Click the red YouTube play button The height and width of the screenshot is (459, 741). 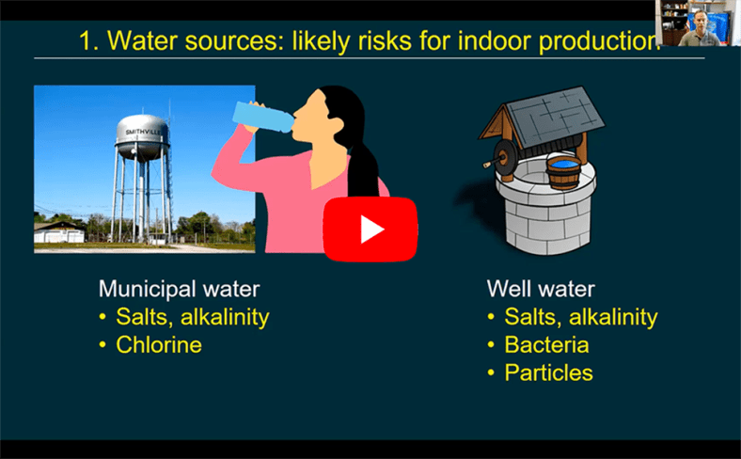pyautogui.click(x=370, y=229)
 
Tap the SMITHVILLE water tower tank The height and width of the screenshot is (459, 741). pyautogui.click(x=142, y=137)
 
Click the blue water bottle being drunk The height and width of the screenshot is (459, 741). pyautogui.click(x=263, y=117)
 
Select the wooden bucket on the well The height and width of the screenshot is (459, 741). pyautogui.click(x=564, y=172)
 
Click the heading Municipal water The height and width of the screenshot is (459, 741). pyautogui.click(x=179, y=289)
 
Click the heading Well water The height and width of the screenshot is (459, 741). pyautogui.click(x=541, y=289)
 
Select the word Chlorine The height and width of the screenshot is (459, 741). pyautogui.click(x=159, y=344)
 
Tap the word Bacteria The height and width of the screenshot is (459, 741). pyautogui.click(x=546, y=344)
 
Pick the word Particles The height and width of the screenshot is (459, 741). pyautogui.click(x=548, y=372)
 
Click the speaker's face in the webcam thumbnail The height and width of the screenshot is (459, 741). pyautogui.click(x=700, y=23)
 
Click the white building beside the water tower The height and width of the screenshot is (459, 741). pyautogui.click(x=59, y=232)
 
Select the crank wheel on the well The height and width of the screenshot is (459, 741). pyautogui.click(x=506, y=156)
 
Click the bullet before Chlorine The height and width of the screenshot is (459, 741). pyautogui.click(x=102, y=345)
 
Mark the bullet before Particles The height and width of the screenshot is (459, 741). pyautogui.click(x=491, y=373)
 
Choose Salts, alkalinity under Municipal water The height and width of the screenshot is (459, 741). pyautogui.click(x=193, y=317)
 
